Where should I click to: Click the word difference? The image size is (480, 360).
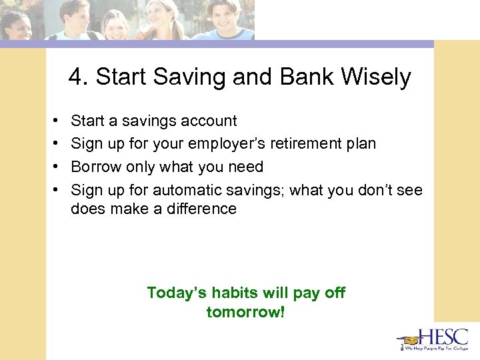pyautogui.click(x=202, y=209)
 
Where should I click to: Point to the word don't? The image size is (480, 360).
pyautogui.click(x=369, y=190)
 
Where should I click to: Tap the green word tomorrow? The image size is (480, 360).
pyautogui.click(x=245, y=311)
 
